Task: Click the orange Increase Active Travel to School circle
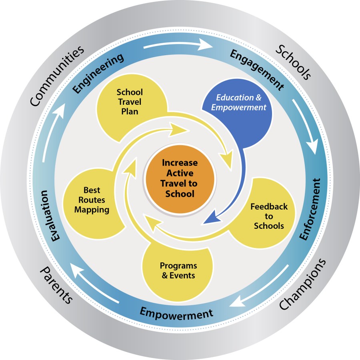(180, 178)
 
